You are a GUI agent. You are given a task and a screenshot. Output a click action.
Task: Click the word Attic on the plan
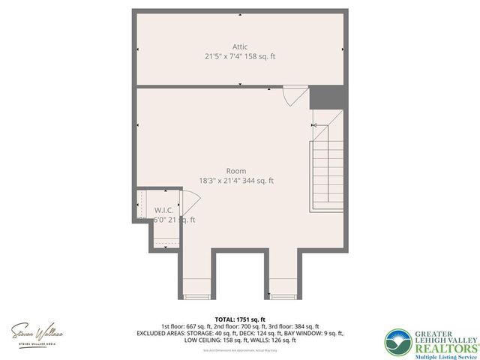pos(239,46)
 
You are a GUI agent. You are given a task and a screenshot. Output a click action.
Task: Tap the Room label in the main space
pos(235,171)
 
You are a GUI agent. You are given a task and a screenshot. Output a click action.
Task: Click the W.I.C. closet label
pos(165,210)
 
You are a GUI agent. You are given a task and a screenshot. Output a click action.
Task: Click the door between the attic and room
pos(294,96)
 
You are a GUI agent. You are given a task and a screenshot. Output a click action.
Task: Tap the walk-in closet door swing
pos(190,204)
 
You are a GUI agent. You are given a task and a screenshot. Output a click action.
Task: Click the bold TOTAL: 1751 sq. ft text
pos(240,319)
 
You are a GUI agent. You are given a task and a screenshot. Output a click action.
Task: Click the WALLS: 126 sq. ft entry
pos(278,340)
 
